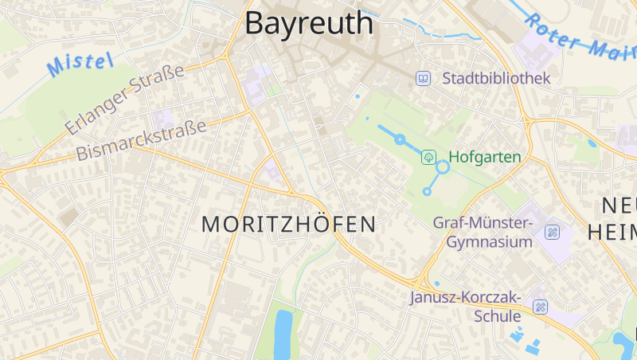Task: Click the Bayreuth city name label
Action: coord(308,23)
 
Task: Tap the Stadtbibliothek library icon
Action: coord(424,78)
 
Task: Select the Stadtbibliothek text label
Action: coord(496,78)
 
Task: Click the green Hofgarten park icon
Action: coord(429,157)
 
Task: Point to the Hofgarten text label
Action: coord(484,157)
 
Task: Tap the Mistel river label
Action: coord(80,64)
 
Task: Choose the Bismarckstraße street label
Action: coord(141,139)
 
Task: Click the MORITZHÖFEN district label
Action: coord(288,224)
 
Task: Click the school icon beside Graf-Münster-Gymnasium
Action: coord(553,233)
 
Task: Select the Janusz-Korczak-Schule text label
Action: coord(465,307)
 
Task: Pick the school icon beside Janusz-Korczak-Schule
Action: coord(541,307)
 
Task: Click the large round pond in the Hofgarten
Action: coord(443,167)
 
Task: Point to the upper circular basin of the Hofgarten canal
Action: coord(401,139)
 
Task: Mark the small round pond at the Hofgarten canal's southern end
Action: coord(427,191)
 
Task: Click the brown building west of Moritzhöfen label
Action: coord(69,216)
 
